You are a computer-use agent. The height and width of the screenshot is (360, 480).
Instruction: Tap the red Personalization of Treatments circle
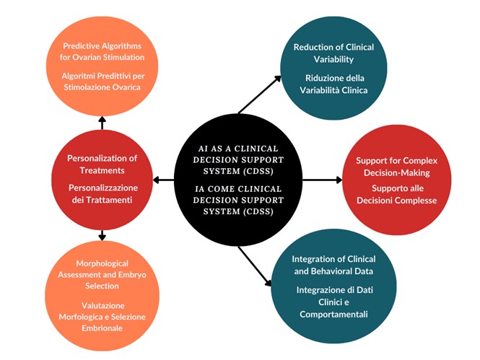tap(102, 179)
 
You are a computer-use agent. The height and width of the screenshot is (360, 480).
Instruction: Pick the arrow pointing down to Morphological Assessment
tap(102, 234)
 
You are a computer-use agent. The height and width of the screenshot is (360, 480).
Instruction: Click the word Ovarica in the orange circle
tap(123, 87)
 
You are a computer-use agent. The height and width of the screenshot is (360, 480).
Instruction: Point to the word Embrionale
tap(102, 328)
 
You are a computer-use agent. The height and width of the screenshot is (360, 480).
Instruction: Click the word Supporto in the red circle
tap(381, 188)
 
